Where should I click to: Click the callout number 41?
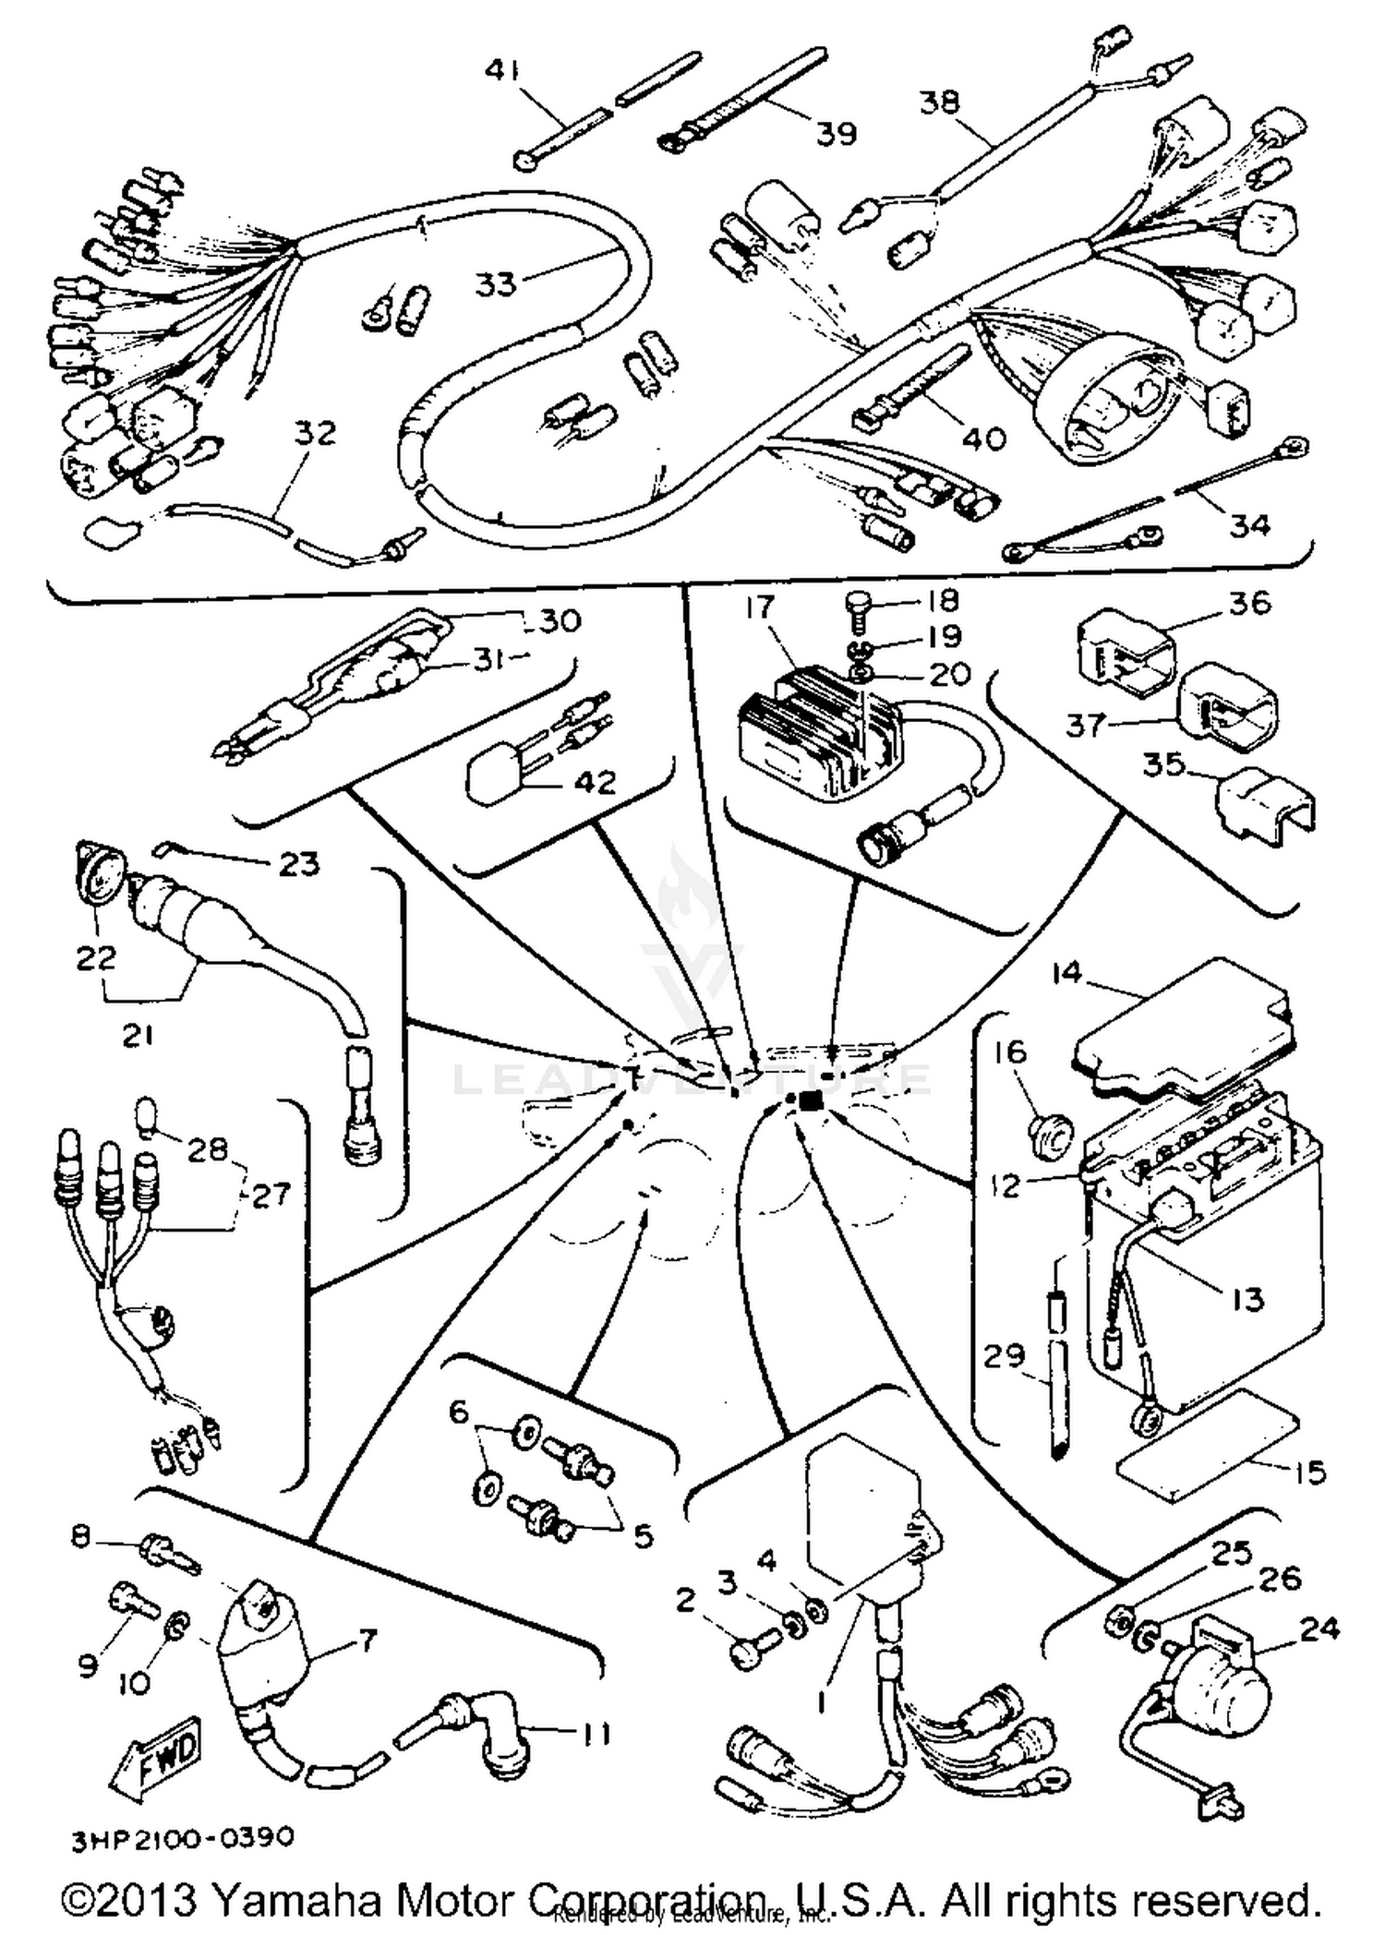click(502, 70)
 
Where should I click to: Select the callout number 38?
click(940, 102)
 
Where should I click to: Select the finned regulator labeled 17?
click(813, 739)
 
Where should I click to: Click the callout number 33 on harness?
click(496, 283)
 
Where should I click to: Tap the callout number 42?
click(595, 783)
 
